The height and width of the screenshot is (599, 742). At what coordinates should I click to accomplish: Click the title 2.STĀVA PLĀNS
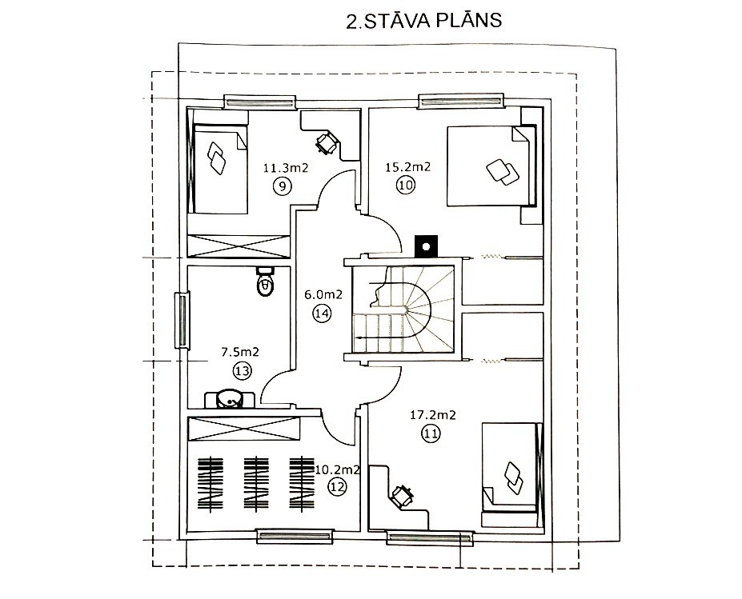(x=424, y=22)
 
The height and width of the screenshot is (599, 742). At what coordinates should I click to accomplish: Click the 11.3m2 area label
(x=286, y=168)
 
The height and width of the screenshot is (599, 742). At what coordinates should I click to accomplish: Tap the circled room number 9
(x=282, y=186)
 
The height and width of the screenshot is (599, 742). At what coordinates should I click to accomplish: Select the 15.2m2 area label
(x=408, y=167)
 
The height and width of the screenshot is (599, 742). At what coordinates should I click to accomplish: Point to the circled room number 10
(x=406, y=185)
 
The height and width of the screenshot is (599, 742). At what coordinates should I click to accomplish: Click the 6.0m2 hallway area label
(x=323, y=295)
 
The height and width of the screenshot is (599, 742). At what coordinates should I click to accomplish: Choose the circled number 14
(x=322, y=313)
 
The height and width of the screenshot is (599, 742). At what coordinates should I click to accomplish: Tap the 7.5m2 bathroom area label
(x=240, y=352)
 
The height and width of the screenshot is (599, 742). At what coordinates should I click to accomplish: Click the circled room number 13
(x=242, y=371)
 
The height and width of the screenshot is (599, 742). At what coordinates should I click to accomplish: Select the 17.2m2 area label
(x=432, y=415)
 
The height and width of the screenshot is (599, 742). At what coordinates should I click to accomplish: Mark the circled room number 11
(x=431, y=433)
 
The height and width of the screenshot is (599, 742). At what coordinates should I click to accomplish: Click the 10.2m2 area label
(x=338, y=470)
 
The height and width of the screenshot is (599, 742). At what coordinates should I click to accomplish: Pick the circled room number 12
(x=338, y=487)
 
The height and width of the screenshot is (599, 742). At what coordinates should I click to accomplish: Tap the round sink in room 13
(x=230, y=400)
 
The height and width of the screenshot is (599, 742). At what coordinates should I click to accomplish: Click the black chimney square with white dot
(x=426, y=246)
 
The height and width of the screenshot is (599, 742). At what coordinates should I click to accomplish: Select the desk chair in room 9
(x=327, y=142)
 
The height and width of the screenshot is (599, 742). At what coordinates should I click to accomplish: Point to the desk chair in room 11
(x=403, y=497)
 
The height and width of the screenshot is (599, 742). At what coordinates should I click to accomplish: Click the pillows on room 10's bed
(x=503, y=172)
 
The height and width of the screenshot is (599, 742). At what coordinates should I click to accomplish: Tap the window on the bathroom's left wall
(x=182, y=320)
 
